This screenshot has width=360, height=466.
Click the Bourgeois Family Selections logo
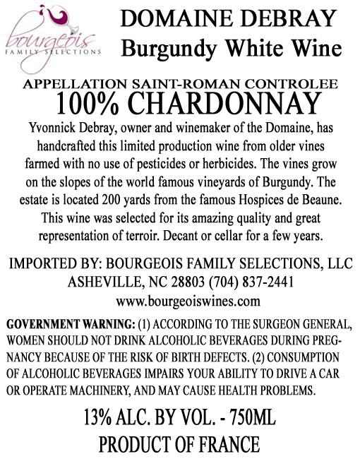[x=52, y=39]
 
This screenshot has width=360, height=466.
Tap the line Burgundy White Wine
[x=232, y=47]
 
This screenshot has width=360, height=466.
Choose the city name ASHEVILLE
[x=105, y=282]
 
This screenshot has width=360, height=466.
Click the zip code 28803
[x=181, y=282]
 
